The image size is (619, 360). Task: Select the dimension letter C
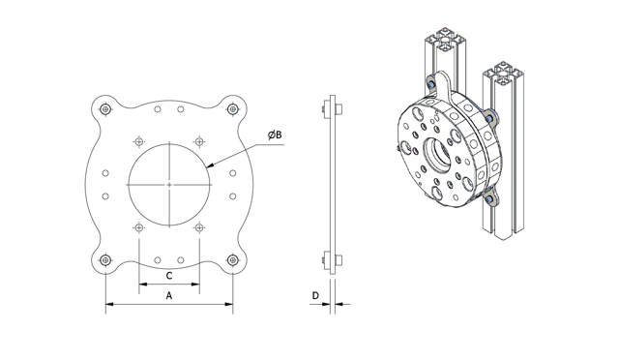169,274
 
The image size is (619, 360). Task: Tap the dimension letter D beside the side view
314,294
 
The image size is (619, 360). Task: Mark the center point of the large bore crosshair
169,183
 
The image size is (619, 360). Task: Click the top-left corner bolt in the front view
104,108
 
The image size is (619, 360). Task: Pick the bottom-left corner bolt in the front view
104,259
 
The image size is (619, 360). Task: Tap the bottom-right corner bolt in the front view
232,259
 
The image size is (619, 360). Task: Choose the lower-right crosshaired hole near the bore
198,227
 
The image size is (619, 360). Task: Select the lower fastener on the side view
332,259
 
